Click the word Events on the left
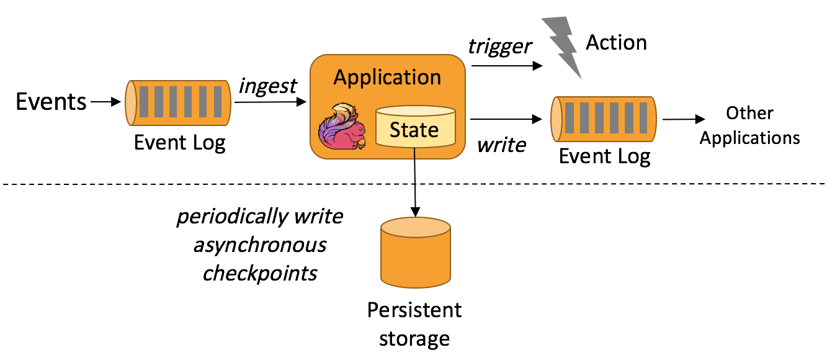click(x=51, y=102)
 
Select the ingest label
click(x=269, y=86)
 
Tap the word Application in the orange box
click(x=387, y=78)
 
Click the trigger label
click(x=500, y=46)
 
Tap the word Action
click(x=616, y=43)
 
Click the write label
click(x=501, y=145)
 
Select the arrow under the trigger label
click(x=503, y=63)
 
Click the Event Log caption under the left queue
click(x=179, y=143)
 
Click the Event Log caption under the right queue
click(x=604, y=156)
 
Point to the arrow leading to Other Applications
click(x=684, y=119)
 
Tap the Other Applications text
click(x=749, y=125)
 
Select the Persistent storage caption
click(x=414, y=323)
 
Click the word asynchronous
click(x=259, y=245)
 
